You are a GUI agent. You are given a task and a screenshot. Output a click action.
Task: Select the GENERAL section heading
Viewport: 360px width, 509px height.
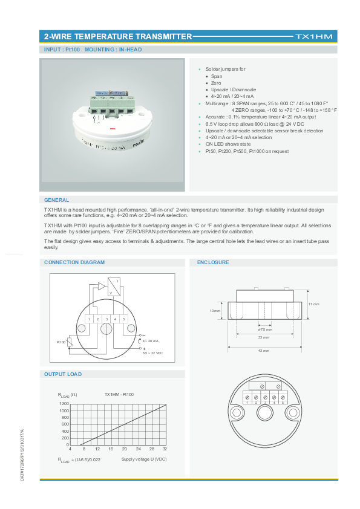point(57,200)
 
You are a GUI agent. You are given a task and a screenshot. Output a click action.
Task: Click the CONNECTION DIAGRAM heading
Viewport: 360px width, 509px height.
point(74,262)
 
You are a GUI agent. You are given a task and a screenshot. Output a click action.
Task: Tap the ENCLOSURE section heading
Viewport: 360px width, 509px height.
point(214,262)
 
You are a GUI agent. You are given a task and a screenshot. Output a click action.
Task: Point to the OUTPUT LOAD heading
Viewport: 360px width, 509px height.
point(63,374)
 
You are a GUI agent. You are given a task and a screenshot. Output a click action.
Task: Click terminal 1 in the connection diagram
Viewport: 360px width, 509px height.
point(89,319)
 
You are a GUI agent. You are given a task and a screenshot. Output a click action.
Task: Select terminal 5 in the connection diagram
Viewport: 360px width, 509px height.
point(123,319)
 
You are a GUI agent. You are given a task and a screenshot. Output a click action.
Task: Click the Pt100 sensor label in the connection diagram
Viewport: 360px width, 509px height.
point(61,342)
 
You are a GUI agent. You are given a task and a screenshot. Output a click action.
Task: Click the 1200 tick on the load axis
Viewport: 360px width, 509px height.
point(64,403)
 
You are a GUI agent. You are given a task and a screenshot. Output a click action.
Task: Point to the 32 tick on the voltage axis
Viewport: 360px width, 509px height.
point(165,449)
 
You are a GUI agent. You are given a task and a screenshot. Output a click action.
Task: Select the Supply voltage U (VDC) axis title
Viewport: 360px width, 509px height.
point(143,460)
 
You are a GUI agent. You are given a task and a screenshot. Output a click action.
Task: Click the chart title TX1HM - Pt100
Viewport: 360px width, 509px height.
point(119,394)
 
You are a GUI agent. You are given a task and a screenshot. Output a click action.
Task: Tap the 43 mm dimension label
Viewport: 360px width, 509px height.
point(263,351)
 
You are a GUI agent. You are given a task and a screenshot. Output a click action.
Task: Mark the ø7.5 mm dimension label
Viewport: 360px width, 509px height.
point(264,329)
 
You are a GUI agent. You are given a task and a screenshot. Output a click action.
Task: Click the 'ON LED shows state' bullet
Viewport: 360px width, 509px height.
point(228,144)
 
